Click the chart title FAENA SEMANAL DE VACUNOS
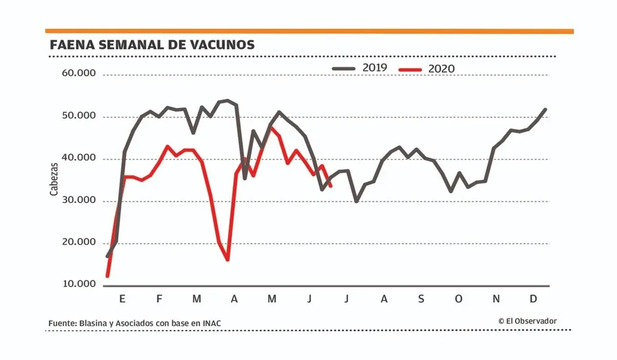click(152, 45)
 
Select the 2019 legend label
click(375, 67)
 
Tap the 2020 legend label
click(441, 68)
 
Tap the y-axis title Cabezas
click(54, 179)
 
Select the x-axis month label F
click(159, 299)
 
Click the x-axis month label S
click(421, 299)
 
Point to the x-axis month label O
click(458, 299)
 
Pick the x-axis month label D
click(533, 299)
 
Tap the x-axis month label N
click(496, 299)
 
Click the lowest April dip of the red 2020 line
click(228, 259)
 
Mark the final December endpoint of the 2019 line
click(545, 109)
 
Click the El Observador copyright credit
click(528, 320)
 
